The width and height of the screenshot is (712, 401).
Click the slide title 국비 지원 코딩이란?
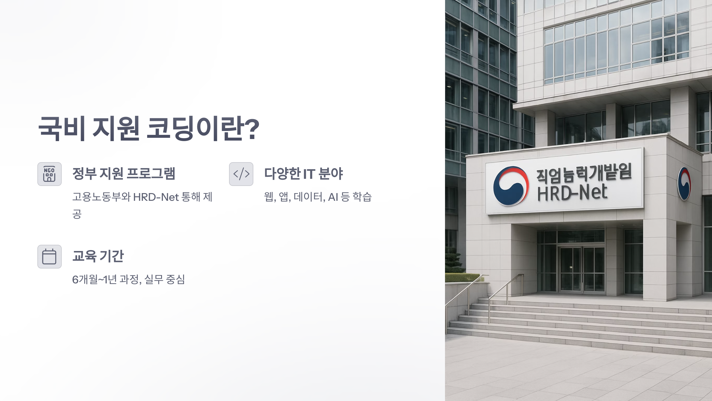[x=149, y=129]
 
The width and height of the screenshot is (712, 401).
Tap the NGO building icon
[x=50, y=174]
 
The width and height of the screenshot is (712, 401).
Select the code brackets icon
[x=241, y=174]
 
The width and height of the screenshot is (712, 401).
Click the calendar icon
[x=50, y=257]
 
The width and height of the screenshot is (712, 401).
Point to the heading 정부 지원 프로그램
[x=124, y=174]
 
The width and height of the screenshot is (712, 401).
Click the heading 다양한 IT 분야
[x=303, y=174]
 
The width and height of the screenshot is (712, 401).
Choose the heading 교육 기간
[x=98, y=256]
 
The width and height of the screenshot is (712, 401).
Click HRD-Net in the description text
[x=156, y=197]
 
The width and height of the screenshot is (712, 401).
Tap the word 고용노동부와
[x=101, y=197]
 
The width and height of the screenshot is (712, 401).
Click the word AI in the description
[x=333, y=197]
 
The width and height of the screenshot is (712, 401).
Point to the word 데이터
[x=309, y=197]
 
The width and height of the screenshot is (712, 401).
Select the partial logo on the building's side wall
[x=684, y=184]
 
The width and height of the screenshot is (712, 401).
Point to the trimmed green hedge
[x=463, y=278]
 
